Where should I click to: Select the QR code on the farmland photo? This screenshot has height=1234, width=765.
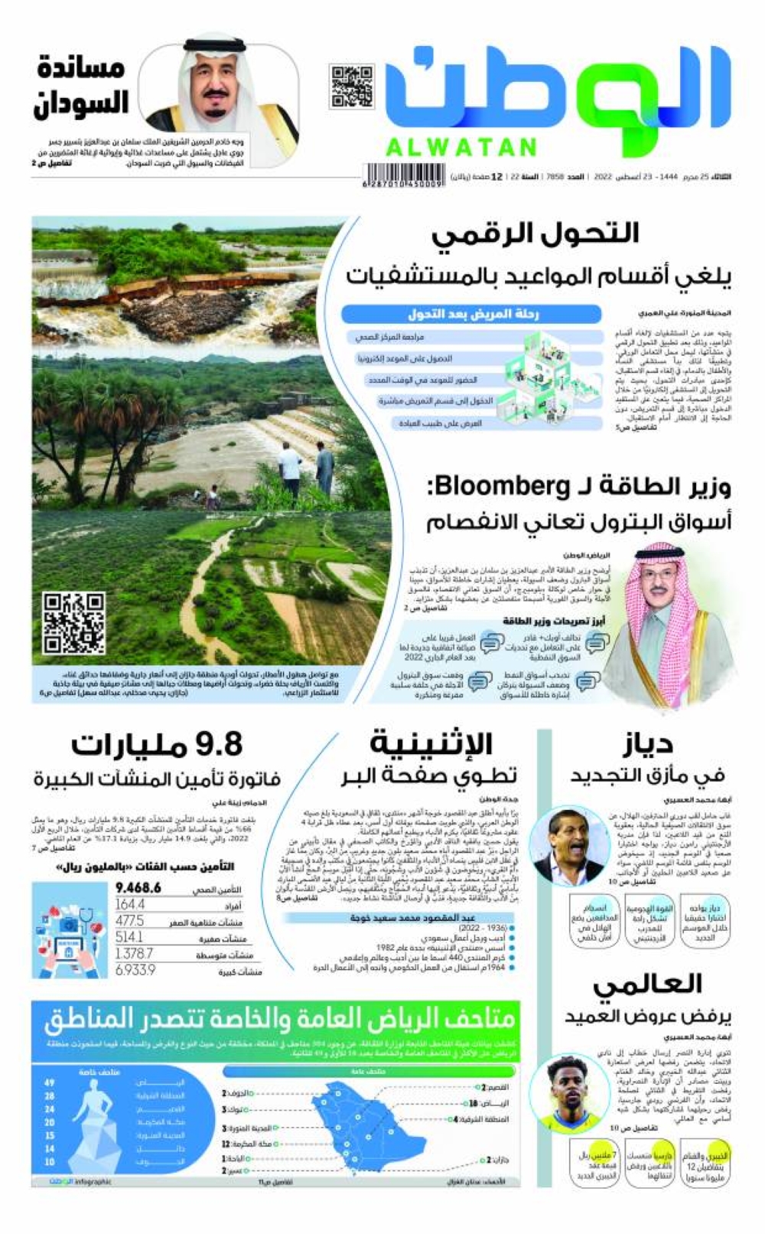click(74, 622)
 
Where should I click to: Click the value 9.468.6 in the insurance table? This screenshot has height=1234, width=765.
click(138, 888)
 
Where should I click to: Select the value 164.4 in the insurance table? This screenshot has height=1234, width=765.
click(130, 904)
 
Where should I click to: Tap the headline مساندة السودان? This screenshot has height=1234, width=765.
click(80, 86)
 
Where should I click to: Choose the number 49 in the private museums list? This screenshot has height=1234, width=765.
click(50, 1083)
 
